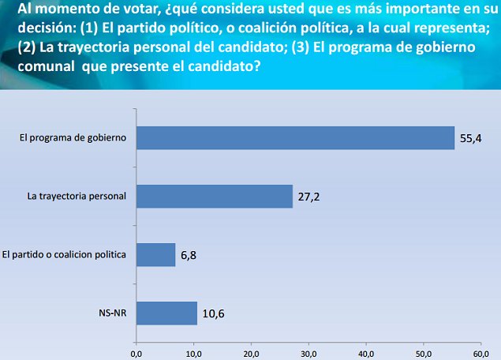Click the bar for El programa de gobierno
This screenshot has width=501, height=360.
click(295, 137)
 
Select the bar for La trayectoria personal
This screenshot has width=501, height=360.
click(215, 196)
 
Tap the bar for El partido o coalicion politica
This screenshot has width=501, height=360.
click(155, 254)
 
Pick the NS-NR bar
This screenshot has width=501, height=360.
click(166, 313)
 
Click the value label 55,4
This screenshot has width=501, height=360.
click(470, 138)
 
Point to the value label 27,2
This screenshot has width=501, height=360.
click(309, 197)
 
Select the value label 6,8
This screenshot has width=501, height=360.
click(189, 255)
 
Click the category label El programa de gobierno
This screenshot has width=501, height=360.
click(73, 138)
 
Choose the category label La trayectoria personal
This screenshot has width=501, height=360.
click(78, 197)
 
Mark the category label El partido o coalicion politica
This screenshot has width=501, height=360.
click(65, 255)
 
